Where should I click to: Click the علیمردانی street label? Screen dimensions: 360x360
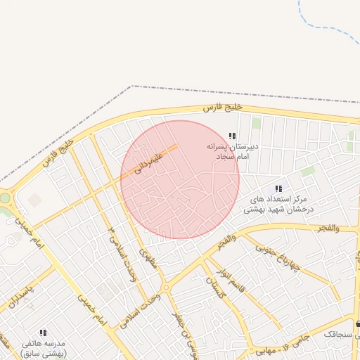[150, 161]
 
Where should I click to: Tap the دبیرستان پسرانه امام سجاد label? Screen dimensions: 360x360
[233, 151]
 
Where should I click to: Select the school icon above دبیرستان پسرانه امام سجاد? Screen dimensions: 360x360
[233, 136]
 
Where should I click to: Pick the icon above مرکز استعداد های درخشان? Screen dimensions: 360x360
[278, 188]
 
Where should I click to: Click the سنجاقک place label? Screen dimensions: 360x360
[340, 335]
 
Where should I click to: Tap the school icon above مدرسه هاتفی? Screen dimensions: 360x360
[43, 333]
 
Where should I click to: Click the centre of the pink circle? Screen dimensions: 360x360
[180, 179]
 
